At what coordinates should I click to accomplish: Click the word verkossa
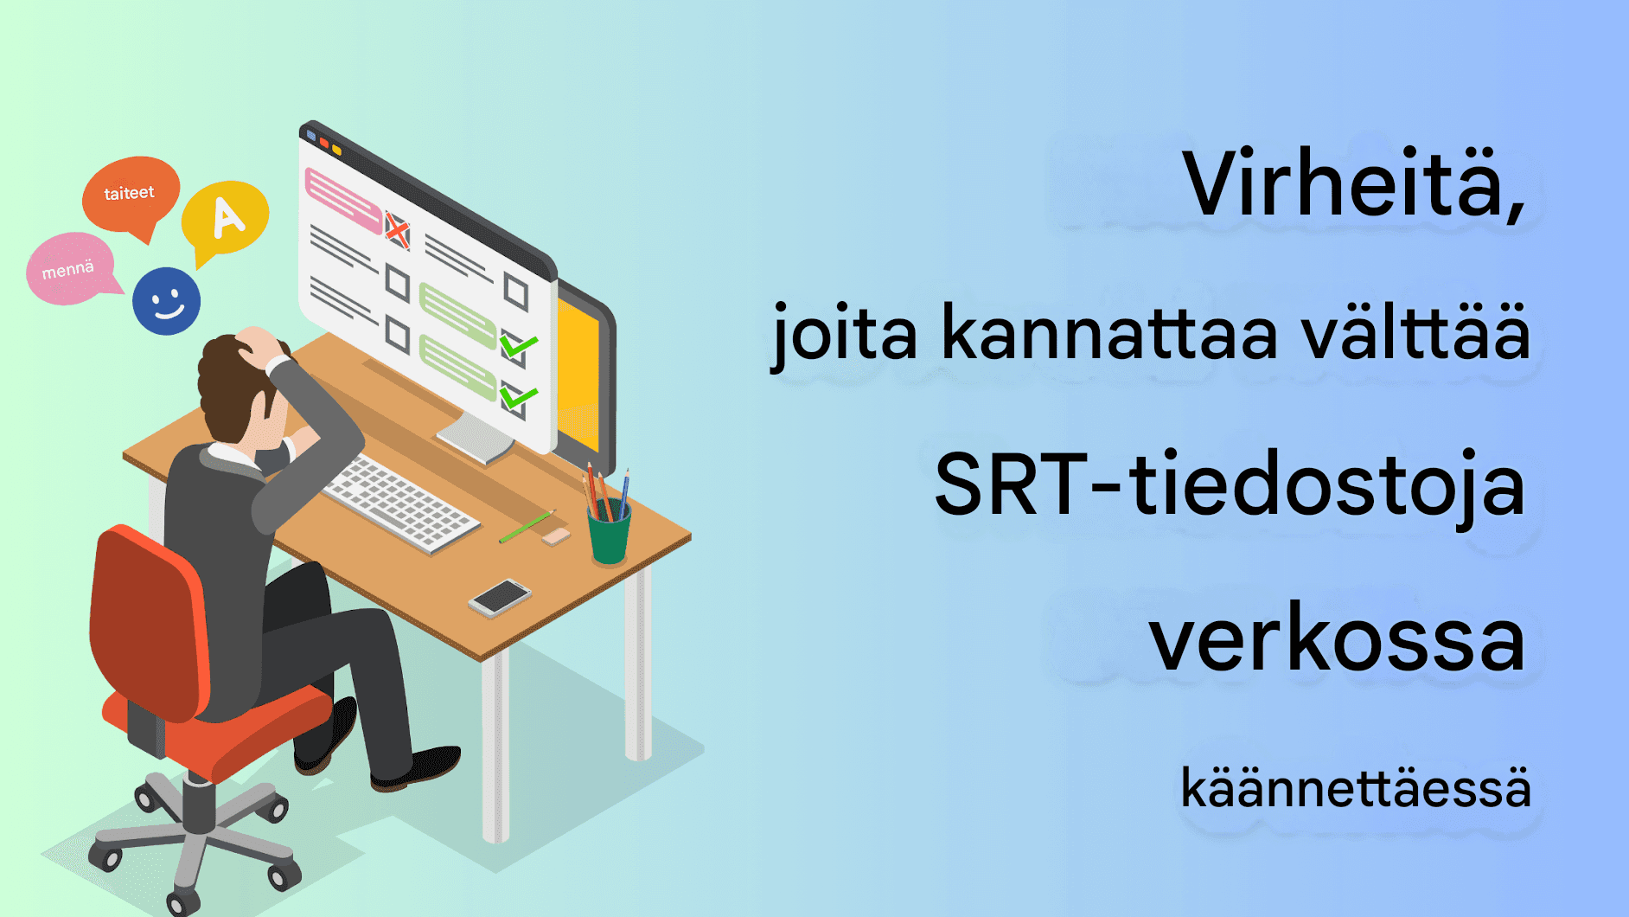[1337, 640]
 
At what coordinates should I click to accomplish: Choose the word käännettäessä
[1355, 788]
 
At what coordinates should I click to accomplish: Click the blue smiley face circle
[166, 301]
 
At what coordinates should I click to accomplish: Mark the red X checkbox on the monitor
[397, 230]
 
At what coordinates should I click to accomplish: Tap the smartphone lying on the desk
[499, 596]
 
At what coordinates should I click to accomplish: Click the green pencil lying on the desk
[526, 526]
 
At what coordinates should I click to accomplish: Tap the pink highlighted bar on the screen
[343, 200]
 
